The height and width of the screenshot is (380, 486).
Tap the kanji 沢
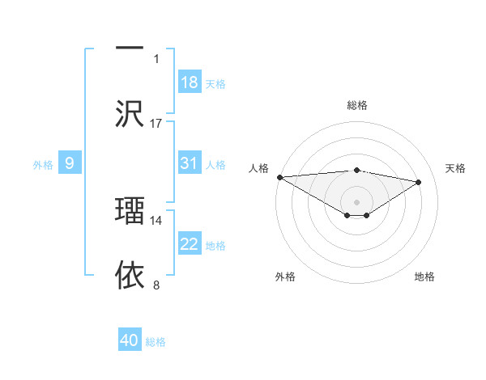pyautogui.click(x=130, y=113)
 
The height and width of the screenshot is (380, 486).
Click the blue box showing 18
pyautogui.click(x=190, y=82)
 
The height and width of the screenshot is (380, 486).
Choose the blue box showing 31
pyautogui.click(x=190, y=163)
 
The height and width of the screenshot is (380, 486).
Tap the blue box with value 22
pyautogui.click(x=190, y=244)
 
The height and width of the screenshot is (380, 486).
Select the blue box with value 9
pyautogui.click(x=70, y=164)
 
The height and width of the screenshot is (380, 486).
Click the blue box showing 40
pyautogui.click(x=129, y=340)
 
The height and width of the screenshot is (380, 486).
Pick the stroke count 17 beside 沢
pyautogui.click(x=156, y=124)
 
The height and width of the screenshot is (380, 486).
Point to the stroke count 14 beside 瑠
pyautogui.click(x=156, y=220)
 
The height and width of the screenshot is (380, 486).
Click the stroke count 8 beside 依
pyautogui.click(x=156, y=285)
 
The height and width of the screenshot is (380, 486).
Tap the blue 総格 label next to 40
pyautogui.click(x=156, y=342)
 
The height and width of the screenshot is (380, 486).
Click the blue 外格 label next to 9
pyautogui.click(x=43, y=165)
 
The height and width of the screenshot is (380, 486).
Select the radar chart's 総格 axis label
pyautogui.click(x=356, y=105)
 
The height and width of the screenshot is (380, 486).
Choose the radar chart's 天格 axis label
pyautogui.click(x=456, y=168)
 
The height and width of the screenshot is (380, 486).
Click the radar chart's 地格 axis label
pyautogui.click(x=424, y=277)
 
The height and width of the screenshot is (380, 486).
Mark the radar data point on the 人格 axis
pyautogui.click(x=279, y=176)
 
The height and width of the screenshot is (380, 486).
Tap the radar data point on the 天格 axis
pyautogui.click(x=419, y=182)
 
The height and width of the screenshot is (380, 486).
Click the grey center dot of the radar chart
pyautogui.click(x=356, y=201)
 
